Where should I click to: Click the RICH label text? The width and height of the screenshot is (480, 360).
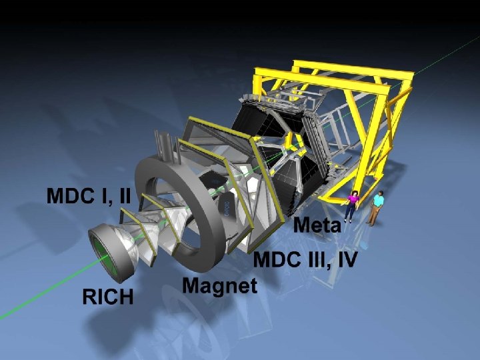108,296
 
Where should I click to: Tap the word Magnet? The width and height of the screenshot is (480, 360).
220,286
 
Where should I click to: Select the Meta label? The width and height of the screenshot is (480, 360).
317,225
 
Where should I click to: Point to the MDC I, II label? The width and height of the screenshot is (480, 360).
89,195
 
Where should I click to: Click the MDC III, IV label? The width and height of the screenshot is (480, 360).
305,260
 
